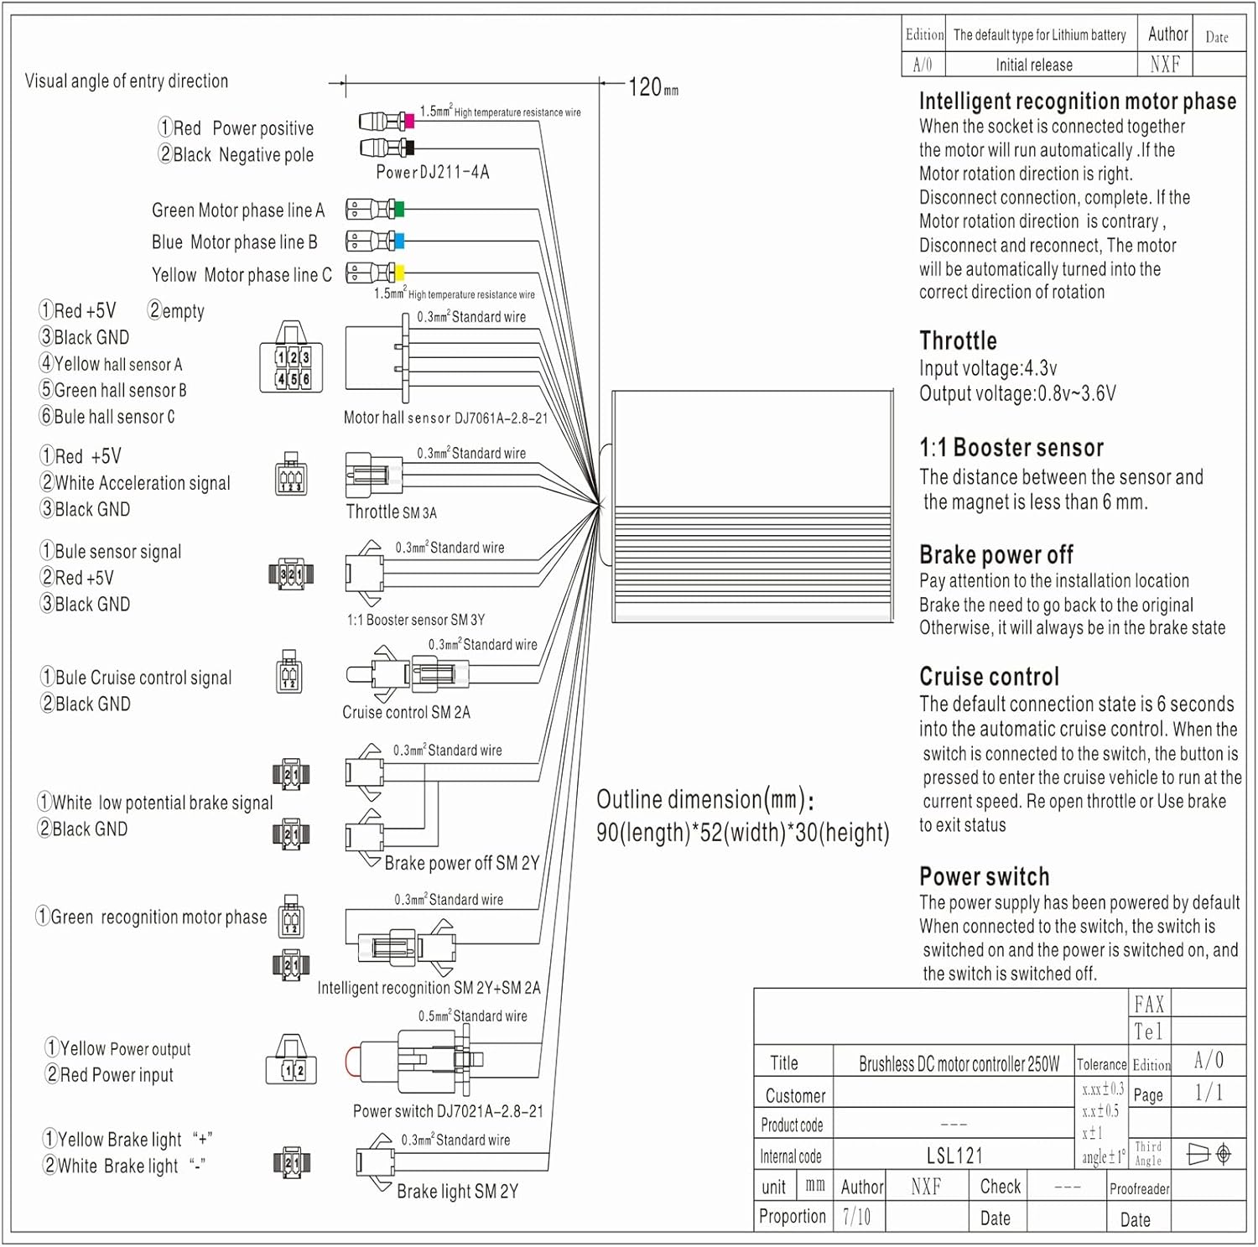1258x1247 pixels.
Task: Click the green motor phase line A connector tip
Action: point(399,209)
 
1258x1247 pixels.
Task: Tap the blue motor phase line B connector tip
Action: point(399,242)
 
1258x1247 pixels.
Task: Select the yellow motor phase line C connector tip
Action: point(399,273)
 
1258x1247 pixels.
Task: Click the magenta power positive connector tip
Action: point(409,122)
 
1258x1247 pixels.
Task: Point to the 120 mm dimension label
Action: point(652,86)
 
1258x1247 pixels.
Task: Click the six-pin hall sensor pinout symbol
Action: point(292,367)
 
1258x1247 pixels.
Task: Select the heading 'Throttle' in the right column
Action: point(958,340)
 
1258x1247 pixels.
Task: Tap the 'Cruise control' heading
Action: point(989,676)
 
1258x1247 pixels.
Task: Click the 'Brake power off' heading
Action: point(995,554)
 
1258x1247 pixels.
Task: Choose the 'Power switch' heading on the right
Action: point(984,876)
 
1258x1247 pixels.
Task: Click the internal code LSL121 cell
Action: point(954,1156)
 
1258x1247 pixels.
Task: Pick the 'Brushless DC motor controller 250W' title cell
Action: point(959,1064)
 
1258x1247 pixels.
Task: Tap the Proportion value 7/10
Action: point(856,1216)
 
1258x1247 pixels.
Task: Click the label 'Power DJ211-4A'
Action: point(432,172)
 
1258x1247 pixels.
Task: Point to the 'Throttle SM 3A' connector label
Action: point(391,512)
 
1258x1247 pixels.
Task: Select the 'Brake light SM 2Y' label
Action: point(457,1191)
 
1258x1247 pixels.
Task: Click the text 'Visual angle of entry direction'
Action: point(127,81)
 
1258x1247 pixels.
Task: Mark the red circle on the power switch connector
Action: point(351,1062)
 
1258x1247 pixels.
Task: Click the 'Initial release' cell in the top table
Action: point(1033,65)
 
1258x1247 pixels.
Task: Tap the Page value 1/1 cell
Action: point(1208,1093)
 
